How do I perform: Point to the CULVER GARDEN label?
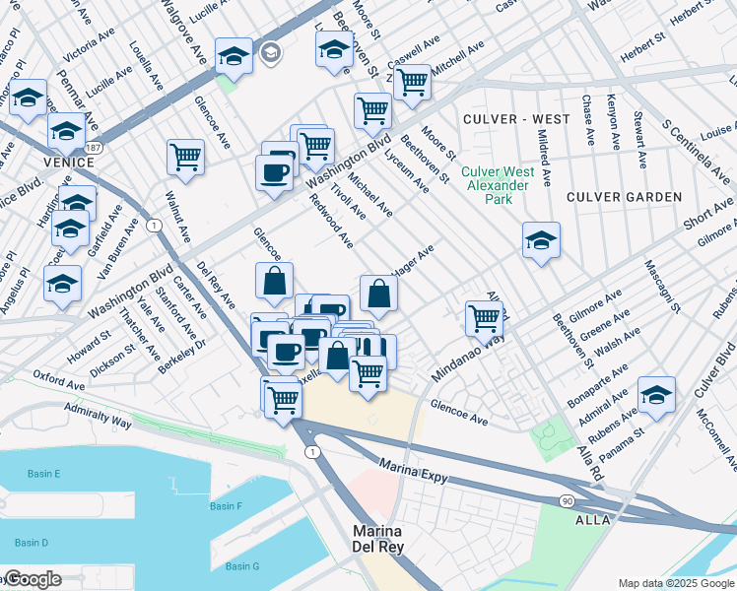(x=624, y=197)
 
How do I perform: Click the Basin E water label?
(x=44, y=475)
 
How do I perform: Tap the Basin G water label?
(x=241, y=565)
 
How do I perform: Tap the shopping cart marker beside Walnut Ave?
(x=185, y=156)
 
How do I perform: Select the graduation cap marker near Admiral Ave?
(x=656, y=393)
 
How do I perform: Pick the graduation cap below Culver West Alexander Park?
(x=541, y=239)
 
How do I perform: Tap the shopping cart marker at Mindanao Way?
(x=484, y=318)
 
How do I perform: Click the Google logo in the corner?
(x=33, y=579)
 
